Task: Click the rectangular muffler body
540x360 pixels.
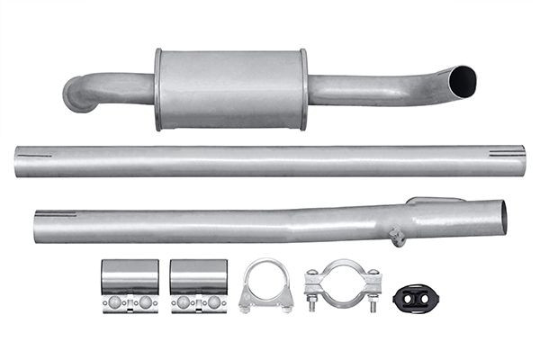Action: click(230, 89)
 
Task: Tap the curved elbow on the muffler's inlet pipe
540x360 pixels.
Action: click(78, 94)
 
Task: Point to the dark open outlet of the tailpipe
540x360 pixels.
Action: click(463, 80)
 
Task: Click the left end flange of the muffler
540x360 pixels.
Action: click(158, 89)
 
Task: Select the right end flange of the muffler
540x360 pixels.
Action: click(303, 89)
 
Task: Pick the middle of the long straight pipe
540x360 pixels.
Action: click(270, 160)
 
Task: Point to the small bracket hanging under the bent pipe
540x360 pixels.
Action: click(396, 237)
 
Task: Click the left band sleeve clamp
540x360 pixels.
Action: click(130, 285)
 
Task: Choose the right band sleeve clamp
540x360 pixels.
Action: click(199, 285)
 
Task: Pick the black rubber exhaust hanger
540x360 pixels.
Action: click(415, 296)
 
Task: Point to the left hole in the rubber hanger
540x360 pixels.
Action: click(406, 298)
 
